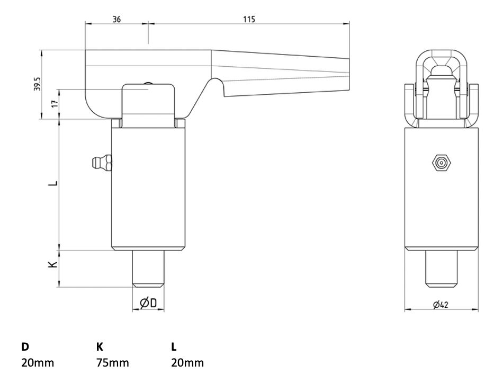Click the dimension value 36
pos(117,19)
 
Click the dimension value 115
pos(249,19)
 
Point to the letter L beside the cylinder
pos(52,184)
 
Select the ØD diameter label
pos(148,302)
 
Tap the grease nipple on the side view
pos(101,162)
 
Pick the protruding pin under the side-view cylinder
pos(148,269)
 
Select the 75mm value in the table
pos(112,363)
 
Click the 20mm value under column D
pos(38,363)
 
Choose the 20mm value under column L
pos(187,363)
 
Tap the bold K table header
pos(99,347)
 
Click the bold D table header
pos(25,347)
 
